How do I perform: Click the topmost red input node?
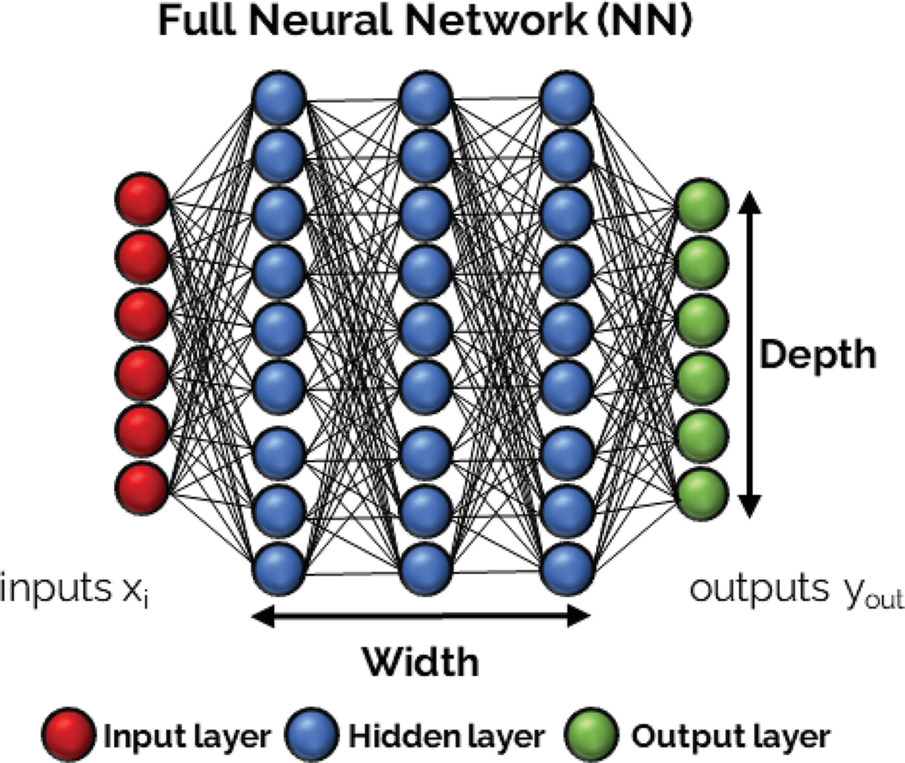click(141, 199)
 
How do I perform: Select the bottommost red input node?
click(141, 489)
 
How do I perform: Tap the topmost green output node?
click(701, 204)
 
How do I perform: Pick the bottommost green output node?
click(701, 495)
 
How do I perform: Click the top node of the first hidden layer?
click(279, 97)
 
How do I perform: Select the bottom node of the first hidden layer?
click(279, 569)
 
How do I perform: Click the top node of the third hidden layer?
click(567, 97)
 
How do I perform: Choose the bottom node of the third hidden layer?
click(567, 569)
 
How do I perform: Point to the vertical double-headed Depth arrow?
click(750, 354)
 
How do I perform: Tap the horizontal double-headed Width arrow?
click(421, 616)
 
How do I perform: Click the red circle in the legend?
click(68, 734)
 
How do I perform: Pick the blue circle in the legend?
click(311, 734)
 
